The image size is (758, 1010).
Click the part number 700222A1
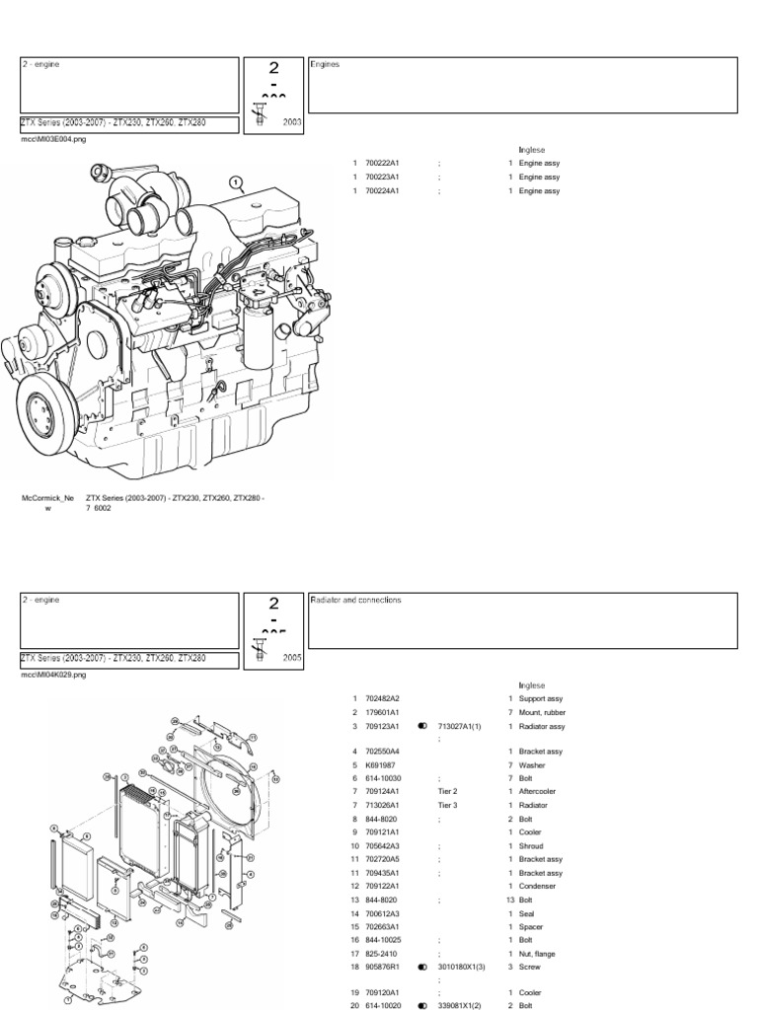(381, 163)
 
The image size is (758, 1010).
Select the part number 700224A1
(381, 190)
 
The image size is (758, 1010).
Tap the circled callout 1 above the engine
(235, 181)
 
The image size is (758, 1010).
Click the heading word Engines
(326, 64)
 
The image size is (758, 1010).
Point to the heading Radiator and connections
(355, 600)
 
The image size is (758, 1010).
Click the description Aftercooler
(541, 791)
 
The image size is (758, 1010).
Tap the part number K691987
(380, 764)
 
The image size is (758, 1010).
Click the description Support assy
(542, 698)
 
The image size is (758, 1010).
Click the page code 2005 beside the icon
(292, 656)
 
